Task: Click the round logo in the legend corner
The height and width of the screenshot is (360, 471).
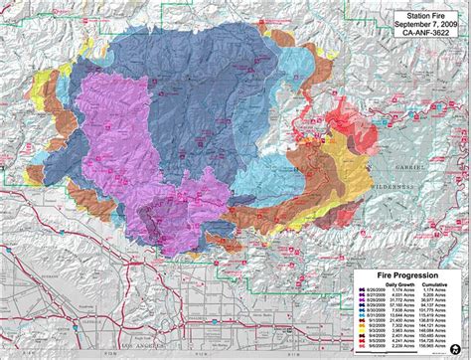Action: coord(454,348)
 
